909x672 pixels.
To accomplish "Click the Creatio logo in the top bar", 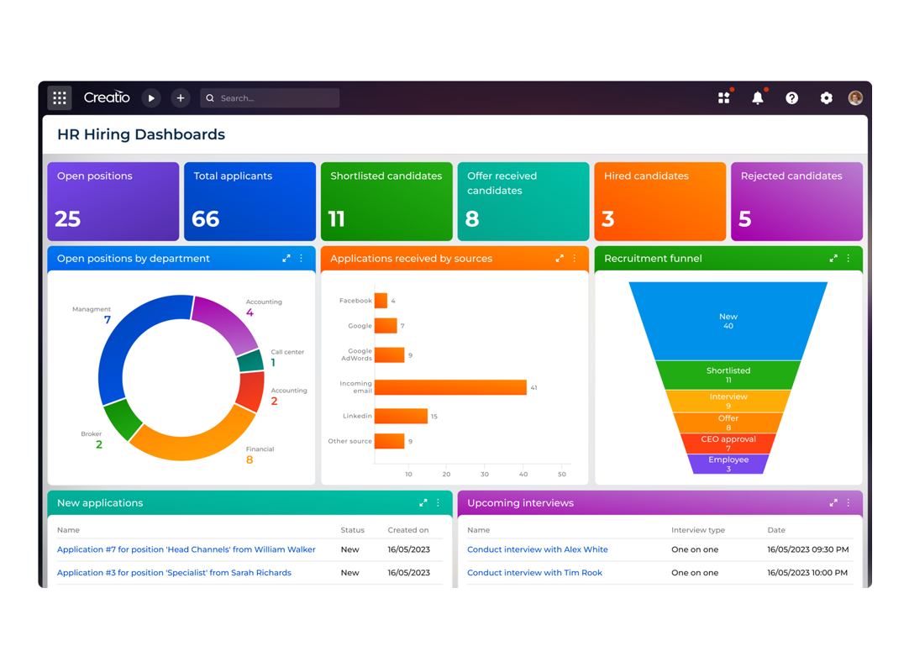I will (x=107, y=97).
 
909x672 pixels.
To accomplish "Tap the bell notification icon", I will (x=757, y=98).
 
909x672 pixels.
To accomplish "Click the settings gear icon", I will (x=826, y=98).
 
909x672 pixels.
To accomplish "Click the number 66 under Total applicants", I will (x=206, y=219).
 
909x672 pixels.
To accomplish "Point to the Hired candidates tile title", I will (x=646, y=176).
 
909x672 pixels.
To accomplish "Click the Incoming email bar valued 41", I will (x=450, y=387).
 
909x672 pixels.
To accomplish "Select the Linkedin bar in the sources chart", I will (x=401, y=416).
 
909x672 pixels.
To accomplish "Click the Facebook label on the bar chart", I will (x=355, y=301).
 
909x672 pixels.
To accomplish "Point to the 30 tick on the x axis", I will (x=485, y=474).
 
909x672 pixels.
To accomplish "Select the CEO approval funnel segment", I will (x=728, y=443).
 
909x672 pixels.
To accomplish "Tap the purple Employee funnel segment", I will (x=728, y=464).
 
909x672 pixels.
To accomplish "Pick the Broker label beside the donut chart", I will (x=92, y=434).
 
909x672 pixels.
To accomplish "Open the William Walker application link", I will (x=186, y=549).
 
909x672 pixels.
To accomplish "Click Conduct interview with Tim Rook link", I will (x=534, y=573).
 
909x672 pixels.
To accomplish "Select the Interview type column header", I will (x=699, y=530).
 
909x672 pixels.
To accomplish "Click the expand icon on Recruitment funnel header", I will (x=833, y=259).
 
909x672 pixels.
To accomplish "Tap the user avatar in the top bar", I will (x=855, y=98).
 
